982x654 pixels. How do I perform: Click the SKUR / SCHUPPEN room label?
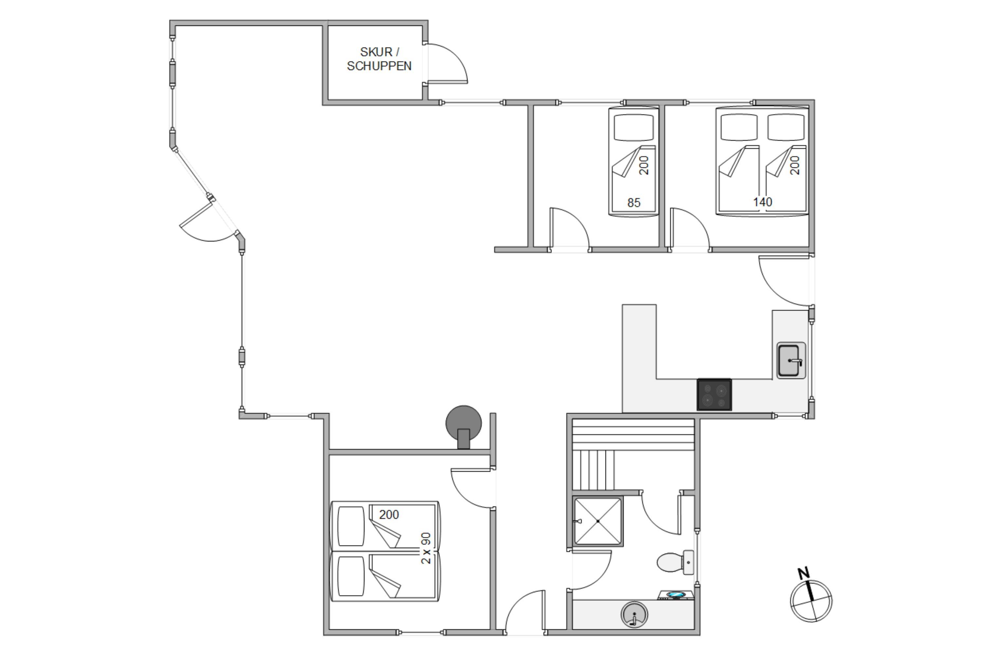(379, 59)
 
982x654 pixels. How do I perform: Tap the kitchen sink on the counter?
(791, 361)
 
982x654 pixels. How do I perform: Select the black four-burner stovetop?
(714, 395)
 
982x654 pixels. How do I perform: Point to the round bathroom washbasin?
(634, 614)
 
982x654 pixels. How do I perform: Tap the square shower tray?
(598, 521)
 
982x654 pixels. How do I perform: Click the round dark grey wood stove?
(464, 426)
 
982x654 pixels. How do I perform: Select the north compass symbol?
(811, 601)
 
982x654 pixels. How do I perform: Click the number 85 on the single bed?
(634, 203)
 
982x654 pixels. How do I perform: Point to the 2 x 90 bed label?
(426, 548)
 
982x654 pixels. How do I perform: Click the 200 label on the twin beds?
(389, 515)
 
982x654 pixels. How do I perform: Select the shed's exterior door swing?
(446, 63)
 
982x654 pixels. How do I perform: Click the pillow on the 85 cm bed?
(633, 127)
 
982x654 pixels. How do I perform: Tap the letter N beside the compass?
(804, 574)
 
